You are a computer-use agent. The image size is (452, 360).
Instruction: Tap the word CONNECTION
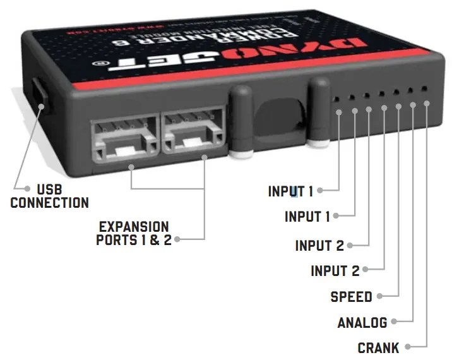point(49,203)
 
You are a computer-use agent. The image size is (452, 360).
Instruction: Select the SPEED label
point(351,296)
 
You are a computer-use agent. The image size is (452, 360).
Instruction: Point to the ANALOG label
point(362,323)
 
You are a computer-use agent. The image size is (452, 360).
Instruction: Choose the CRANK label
point(378,347)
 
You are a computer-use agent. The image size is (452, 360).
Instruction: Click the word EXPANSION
point(134,226)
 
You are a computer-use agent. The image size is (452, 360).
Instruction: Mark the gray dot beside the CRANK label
point(408,346)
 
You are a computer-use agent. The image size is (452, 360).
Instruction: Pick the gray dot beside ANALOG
point(394,322)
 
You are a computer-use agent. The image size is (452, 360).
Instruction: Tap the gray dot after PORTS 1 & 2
point(177,239)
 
